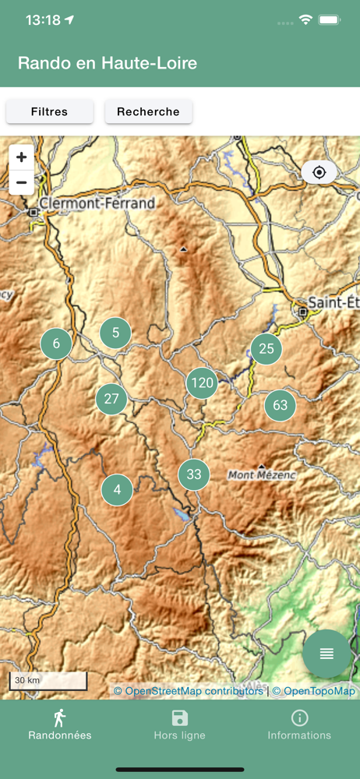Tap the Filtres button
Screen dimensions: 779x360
49,111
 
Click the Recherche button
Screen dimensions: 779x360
148,111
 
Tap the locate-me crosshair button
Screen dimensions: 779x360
319,172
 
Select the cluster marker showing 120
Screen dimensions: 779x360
202,382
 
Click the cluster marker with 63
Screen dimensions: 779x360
280,405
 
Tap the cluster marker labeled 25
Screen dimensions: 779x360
266,348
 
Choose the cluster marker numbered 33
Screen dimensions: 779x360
194,474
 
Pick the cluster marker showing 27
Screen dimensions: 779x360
111,399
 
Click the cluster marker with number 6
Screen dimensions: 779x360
56,343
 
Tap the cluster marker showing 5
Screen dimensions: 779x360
115,333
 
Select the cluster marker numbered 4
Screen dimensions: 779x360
117,490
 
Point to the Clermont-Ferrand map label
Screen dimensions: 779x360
97,204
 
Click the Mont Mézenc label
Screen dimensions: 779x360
262,474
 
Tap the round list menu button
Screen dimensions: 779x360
326,654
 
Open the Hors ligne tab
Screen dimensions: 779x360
180,724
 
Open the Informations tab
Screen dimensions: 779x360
299,724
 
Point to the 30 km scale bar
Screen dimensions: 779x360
48,681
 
